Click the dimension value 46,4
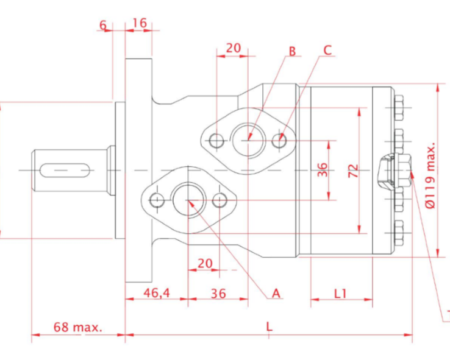point(157,293)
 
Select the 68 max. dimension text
point(78,327)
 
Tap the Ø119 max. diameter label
point(430,175)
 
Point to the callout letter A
point(276,294)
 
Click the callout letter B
point(292,51)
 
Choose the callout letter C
point(327,50)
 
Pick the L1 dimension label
point(341,294)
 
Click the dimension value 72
point(353,171)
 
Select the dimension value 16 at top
point(140,23)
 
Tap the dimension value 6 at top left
point(103,25)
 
